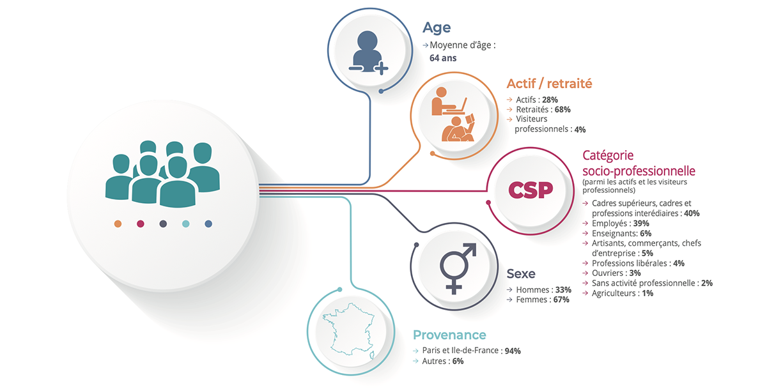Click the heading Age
click(x=437, y=27)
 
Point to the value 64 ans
click(x=443, y=57)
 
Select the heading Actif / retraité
click(x=549, y=84)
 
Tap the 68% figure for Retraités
click(x=562, y=109)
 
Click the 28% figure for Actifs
click(x=550, y=100)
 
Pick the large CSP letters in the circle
click(x=530, y=190)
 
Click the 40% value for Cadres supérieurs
click(x=692, y=213)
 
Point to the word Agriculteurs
click(x=614, y=293)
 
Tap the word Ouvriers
click(x=609, y=273)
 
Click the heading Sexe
click(x=521, y=274)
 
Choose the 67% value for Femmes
click(x=561, y=300)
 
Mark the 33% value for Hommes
click(x=563, y=289)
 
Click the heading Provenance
click(x=449, y=335)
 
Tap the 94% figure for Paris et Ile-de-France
click(x=513, y=351)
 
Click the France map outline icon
click(x=348, y=330)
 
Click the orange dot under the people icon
click(x=118, y=224)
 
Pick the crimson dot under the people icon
click(x=141, y=224)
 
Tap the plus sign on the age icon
click(x=381, y=68)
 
